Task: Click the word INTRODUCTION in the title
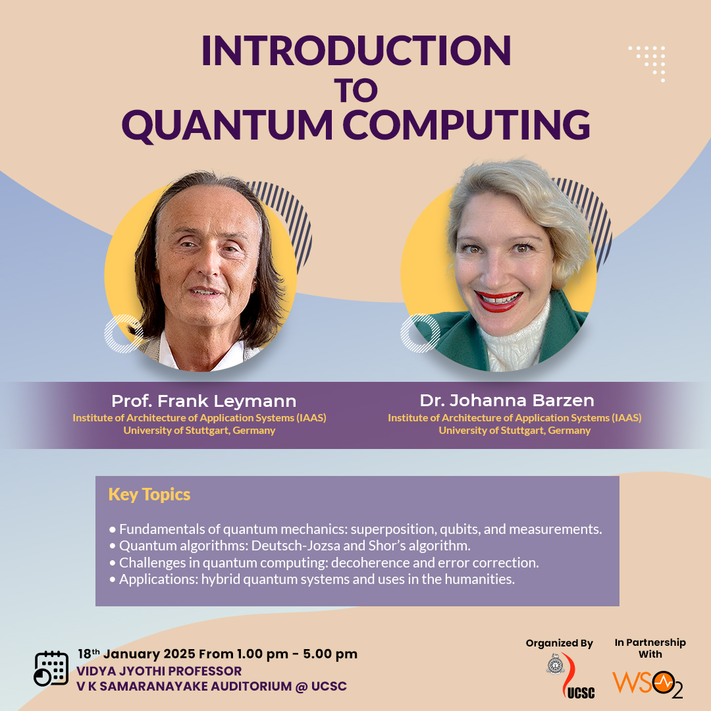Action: tap(356, 50)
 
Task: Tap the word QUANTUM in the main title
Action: tap(227, 124)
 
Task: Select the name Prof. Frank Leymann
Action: tap(203, 401)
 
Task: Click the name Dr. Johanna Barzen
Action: tap(507, 400)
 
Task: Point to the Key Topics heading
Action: tap(149, 494)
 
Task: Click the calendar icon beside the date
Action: tap(51, 668)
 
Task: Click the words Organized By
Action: tap(559, 643)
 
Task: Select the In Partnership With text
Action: tap(650, 648)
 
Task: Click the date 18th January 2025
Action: tap(136, 654)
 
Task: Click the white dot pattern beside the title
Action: tap(648, 63)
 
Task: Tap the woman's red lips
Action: tap(498, 301)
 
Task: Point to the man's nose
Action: tap(209, 263)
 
